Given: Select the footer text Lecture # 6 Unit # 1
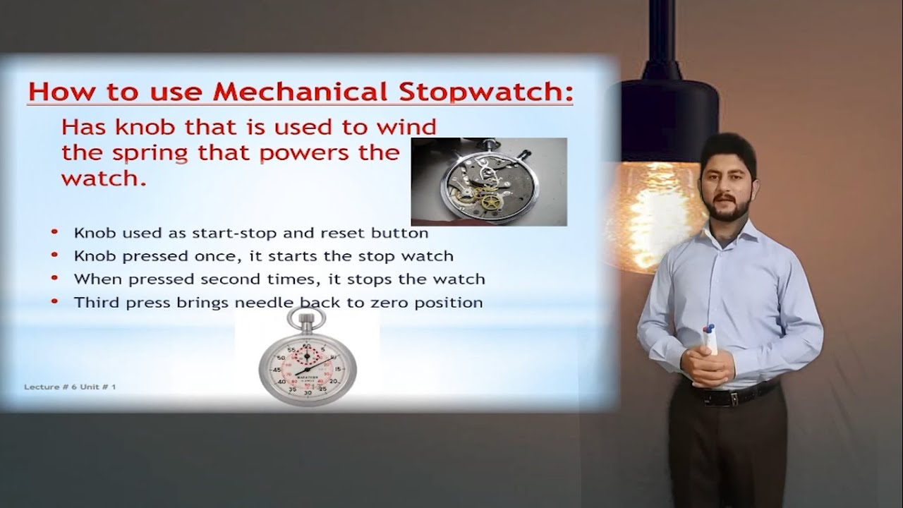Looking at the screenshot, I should pyautogui.click(x=70, y=387).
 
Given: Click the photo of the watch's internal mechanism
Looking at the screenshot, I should pyautogui.click(x=488, y=181).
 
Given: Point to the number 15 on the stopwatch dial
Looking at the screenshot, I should pyautogui.click(x=338, y=368).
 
